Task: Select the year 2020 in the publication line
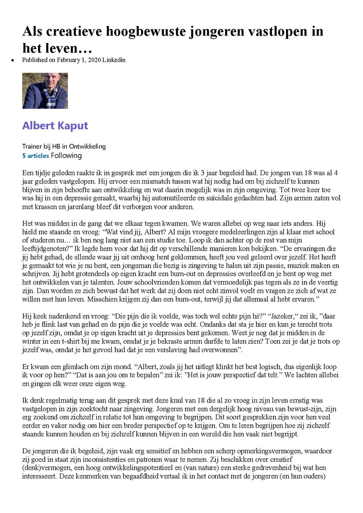pos(93,60)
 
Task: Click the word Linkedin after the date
pos(114,60)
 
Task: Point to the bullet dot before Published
pos(13,60)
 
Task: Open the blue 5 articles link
pos(35,155)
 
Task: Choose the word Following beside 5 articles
pos(66,155)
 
